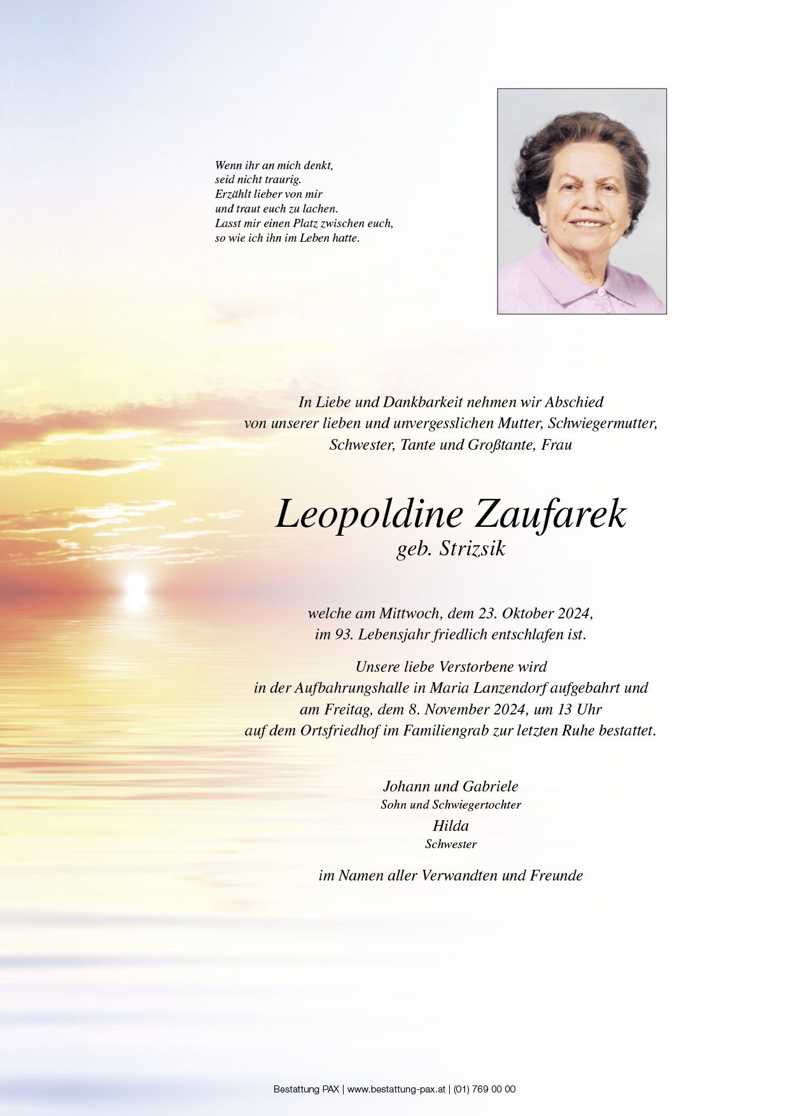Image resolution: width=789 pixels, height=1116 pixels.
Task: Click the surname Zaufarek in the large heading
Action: click(550, 514)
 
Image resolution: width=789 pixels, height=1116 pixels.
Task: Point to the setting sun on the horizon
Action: click(136, 583)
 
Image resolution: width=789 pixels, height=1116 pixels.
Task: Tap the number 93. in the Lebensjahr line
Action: click(344, 634)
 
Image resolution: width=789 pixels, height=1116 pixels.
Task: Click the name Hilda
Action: click(450, 826)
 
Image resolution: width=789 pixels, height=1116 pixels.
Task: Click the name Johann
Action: click(407, 786)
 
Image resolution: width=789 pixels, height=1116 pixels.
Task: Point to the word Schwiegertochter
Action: click(477, 805)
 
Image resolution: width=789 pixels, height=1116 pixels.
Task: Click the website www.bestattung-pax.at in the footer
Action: click(397, 1089)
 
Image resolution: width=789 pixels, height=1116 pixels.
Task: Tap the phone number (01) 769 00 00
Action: click(484, 1089)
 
